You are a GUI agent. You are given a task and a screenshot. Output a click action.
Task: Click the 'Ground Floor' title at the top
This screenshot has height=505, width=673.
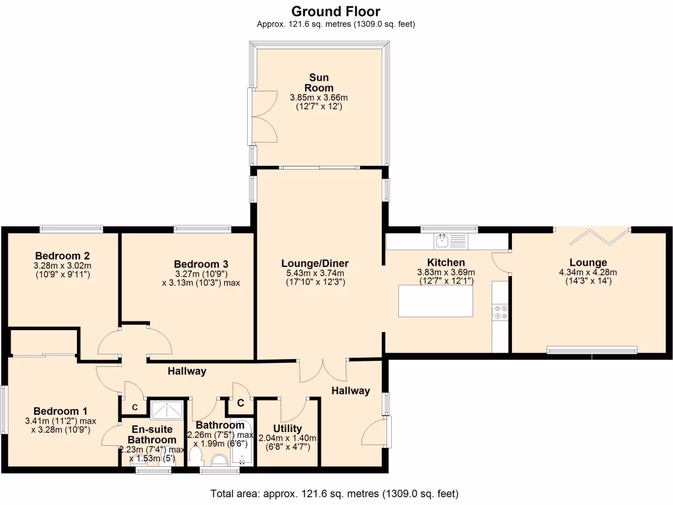335,11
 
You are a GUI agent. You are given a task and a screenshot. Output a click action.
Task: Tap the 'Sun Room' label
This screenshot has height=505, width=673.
319,83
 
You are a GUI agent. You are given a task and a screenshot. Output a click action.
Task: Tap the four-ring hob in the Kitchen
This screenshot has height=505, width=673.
500,311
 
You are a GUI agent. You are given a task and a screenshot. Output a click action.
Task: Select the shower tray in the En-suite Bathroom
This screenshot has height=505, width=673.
167,410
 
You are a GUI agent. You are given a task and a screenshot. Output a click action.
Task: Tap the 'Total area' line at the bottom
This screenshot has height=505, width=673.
335,493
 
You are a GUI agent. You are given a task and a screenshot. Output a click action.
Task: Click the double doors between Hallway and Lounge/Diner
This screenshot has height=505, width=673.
323,370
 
